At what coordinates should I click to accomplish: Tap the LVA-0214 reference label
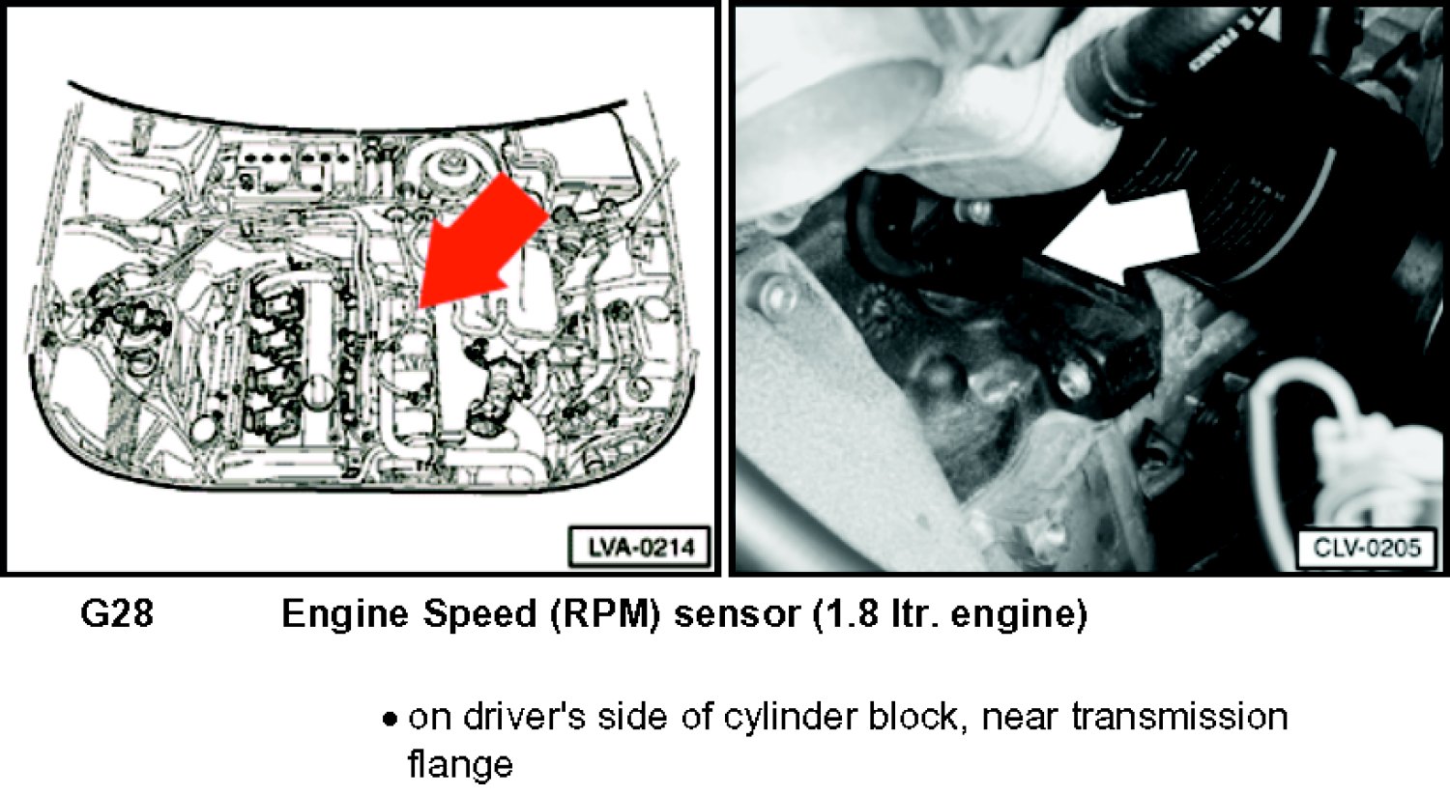640,548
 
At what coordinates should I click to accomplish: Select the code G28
117,613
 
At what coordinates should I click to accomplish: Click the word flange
460,765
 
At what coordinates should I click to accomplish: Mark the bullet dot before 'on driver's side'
389,720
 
